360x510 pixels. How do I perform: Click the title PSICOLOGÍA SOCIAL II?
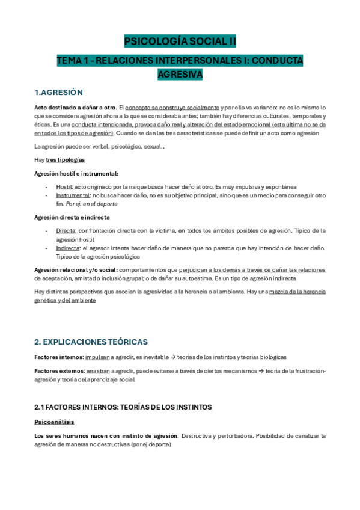coord(180,41)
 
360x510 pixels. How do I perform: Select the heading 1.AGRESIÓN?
coord(58,92)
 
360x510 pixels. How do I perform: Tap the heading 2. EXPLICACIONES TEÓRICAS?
coord(91,342)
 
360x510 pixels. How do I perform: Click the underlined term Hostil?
coord(64,187)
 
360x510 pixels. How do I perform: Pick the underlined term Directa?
coord(66,230)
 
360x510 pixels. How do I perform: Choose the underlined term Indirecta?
coord(68,248)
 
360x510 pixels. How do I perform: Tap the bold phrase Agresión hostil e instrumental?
coord(76,173)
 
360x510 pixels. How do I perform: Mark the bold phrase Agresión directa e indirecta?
coord(72,217)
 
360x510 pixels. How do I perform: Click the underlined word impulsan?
coord(97,357)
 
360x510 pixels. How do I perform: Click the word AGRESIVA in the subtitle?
coord(180,74)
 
